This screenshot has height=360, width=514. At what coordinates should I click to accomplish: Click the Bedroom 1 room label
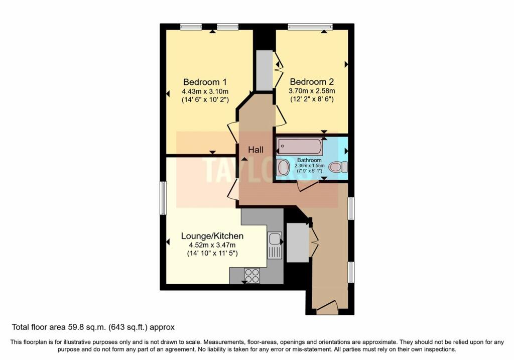tap(205, 82)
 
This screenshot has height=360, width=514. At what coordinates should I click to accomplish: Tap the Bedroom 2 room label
tap(312, 82)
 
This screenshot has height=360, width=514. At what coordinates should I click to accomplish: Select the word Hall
tap(256, 149)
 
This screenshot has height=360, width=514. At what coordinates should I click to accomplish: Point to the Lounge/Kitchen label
tap(212, 236)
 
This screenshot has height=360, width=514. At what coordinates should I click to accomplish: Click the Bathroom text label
tap(309, 160)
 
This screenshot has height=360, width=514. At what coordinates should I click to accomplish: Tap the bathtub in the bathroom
tap(300, 147)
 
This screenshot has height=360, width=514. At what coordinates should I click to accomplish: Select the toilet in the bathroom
tap(338, 167)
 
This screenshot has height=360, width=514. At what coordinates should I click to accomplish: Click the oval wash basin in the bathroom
tap(284, 167)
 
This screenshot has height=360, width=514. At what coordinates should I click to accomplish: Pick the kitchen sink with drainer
tap(275, 246)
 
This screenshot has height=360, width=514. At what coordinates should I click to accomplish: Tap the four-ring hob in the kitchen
tap(252, 276)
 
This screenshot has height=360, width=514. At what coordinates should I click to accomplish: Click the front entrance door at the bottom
tap(327, 307)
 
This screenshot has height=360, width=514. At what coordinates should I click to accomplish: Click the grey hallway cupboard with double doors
tap(298, 243)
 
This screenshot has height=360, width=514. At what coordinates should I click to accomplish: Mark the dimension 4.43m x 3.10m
tap(205, 91)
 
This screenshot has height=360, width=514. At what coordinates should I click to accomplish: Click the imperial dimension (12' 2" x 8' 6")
tap(312, 99)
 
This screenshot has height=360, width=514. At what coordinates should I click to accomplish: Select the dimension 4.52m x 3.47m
tap(212, 245)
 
